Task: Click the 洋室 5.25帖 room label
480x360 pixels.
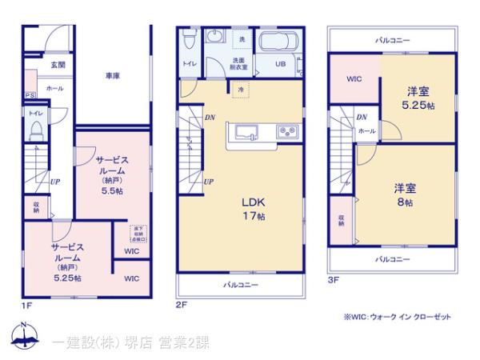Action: [x=418, y=98]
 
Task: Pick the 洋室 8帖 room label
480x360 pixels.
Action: [x=403, y=195]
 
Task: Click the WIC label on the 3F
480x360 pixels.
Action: [x=354, y=79]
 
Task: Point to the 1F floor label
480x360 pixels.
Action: [x=26, y=306]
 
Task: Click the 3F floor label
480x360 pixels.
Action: [x=334, y=279]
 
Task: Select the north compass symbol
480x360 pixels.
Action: [x=23, y=337]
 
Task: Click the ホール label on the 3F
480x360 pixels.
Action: [x=366, y=130]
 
